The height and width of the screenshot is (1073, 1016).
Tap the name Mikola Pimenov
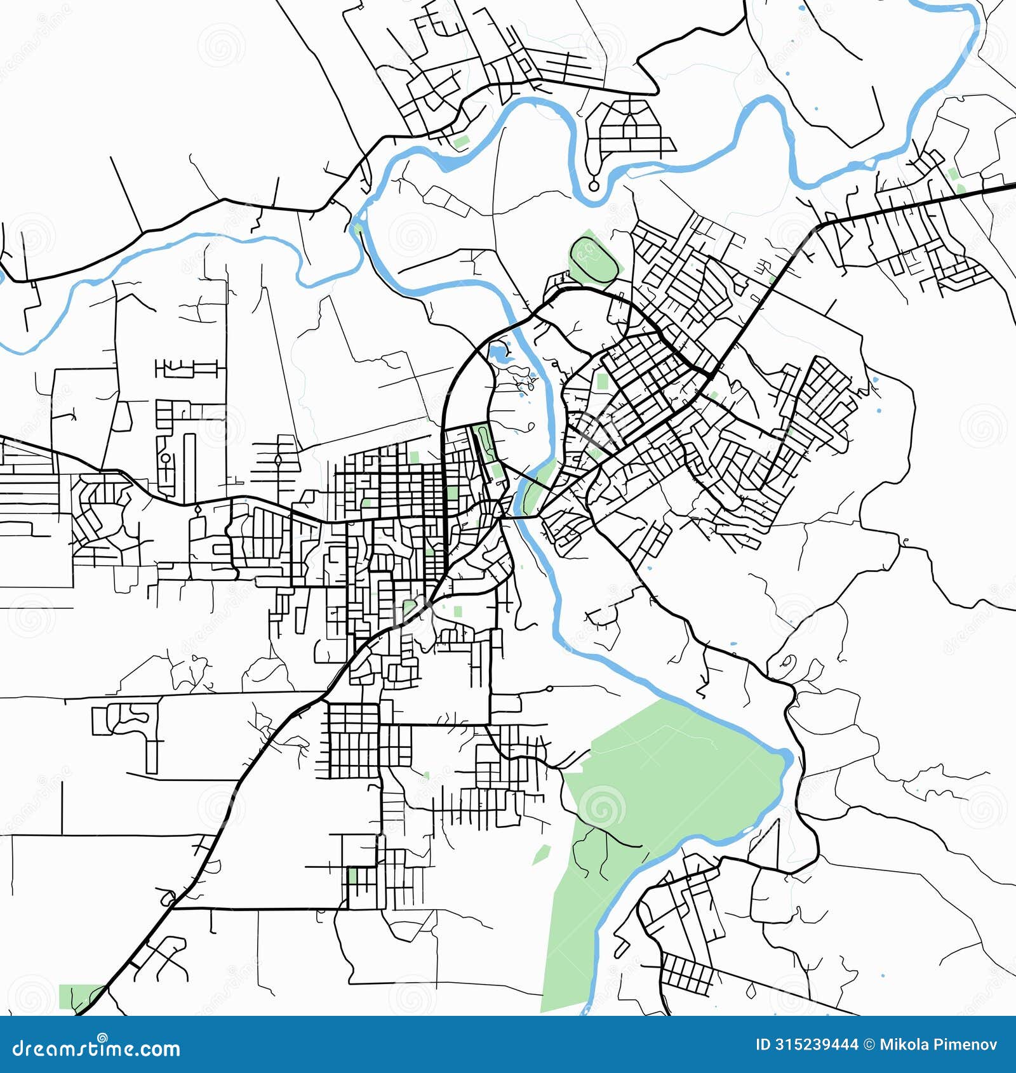click(938, 1044)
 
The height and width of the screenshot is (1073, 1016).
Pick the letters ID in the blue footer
click(763, 1044)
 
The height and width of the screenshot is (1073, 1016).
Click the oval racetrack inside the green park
click(594, 258)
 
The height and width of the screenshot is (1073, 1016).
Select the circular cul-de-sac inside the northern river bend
click(594, 186)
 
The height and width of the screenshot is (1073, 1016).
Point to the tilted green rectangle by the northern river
click(461, 141)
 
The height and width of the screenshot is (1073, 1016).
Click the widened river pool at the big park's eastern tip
click(785, 757)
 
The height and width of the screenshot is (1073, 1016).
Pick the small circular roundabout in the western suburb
click(165, 458)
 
